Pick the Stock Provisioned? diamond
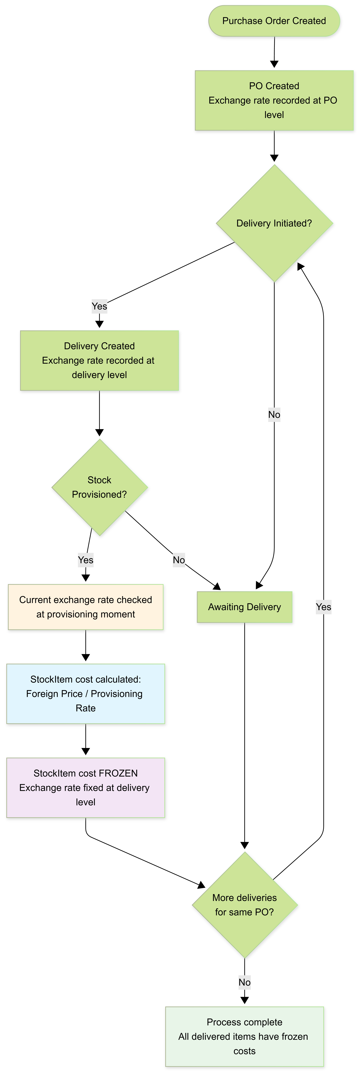tap(100, 487)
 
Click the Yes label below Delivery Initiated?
tap(100, 306)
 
